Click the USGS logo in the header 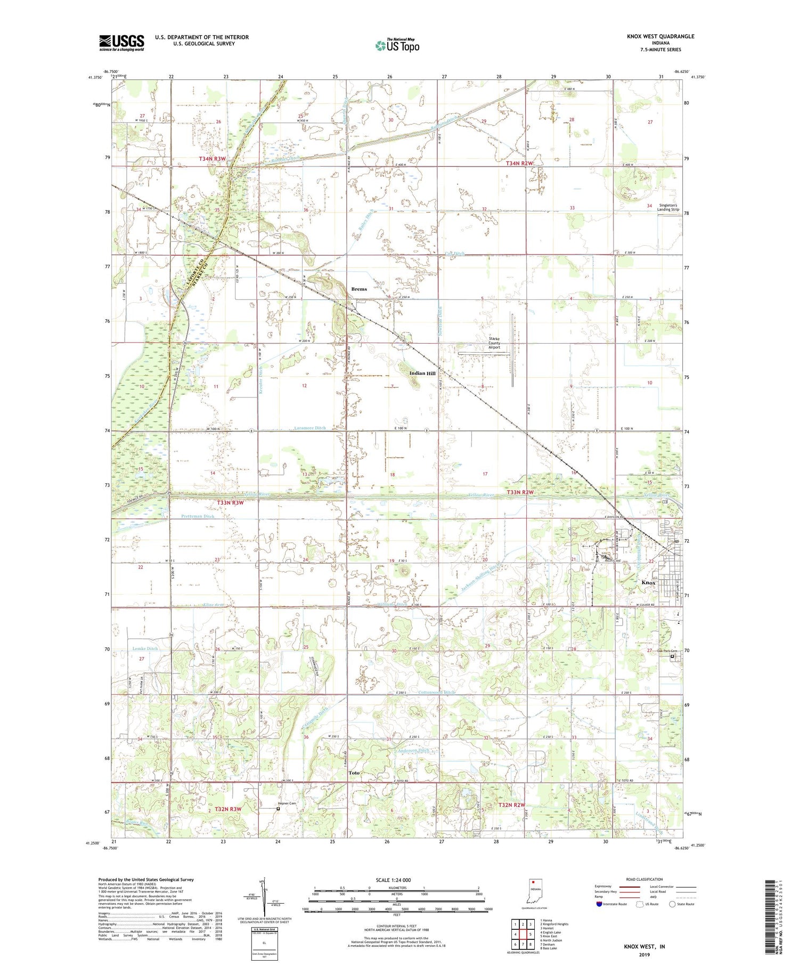[121, 43]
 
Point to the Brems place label [359, 289]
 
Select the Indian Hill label [421, 373]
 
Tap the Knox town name [648, 582]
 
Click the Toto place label [354, 773]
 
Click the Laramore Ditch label [309, 428]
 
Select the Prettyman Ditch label [197, 516]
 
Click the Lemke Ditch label [145, 648]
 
